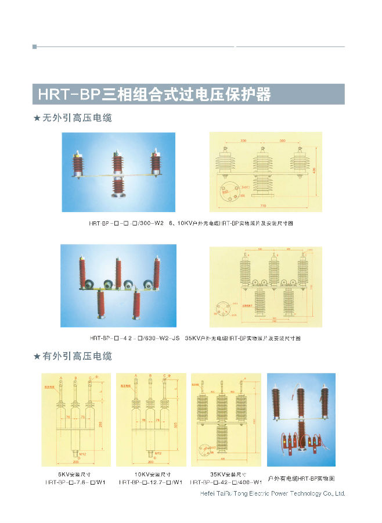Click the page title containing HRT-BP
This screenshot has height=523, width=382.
coord(154,94)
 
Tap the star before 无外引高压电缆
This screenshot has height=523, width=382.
coord(37,119)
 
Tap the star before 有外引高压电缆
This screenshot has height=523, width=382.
coord(37,357)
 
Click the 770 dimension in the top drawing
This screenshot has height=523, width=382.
coord(263,206)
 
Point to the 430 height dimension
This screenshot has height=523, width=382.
coord(313,170)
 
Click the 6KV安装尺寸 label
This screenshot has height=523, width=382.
coord(77,474)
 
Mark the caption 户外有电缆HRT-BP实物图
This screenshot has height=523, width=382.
coord(301,478)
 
